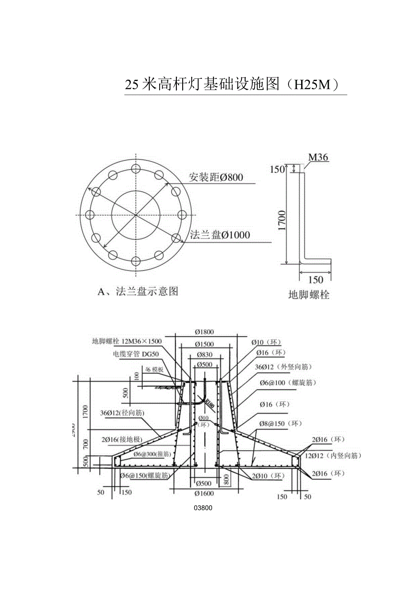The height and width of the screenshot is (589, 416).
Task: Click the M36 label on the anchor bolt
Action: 318,158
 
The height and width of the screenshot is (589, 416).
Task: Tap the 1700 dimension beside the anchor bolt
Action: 282,220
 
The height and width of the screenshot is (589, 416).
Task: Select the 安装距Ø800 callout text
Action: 216,177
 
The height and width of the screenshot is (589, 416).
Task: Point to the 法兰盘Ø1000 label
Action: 220,235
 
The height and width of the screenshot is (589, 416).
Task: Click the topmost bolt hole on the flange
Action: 135,169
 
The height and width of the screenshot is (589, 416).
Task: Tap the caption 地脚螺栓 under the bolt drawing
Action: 309,295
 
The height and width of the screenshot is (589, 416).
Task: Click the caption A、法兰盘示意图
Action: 138,292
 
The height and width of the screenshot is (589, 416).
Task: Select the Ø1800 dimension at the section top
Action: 205,332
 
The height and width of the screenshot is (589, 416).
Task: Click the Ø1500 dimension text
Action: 205,345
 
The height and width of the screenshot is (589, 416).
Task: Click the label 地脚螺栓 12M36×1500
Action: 127,341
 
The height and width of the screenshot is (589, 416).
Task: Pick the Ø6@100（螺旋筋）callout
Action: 288,383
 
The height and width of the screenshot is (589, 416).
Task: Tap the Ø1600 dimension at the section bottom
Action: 205,493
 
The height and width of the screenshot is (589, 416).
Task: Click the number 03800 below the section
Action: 203,508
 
